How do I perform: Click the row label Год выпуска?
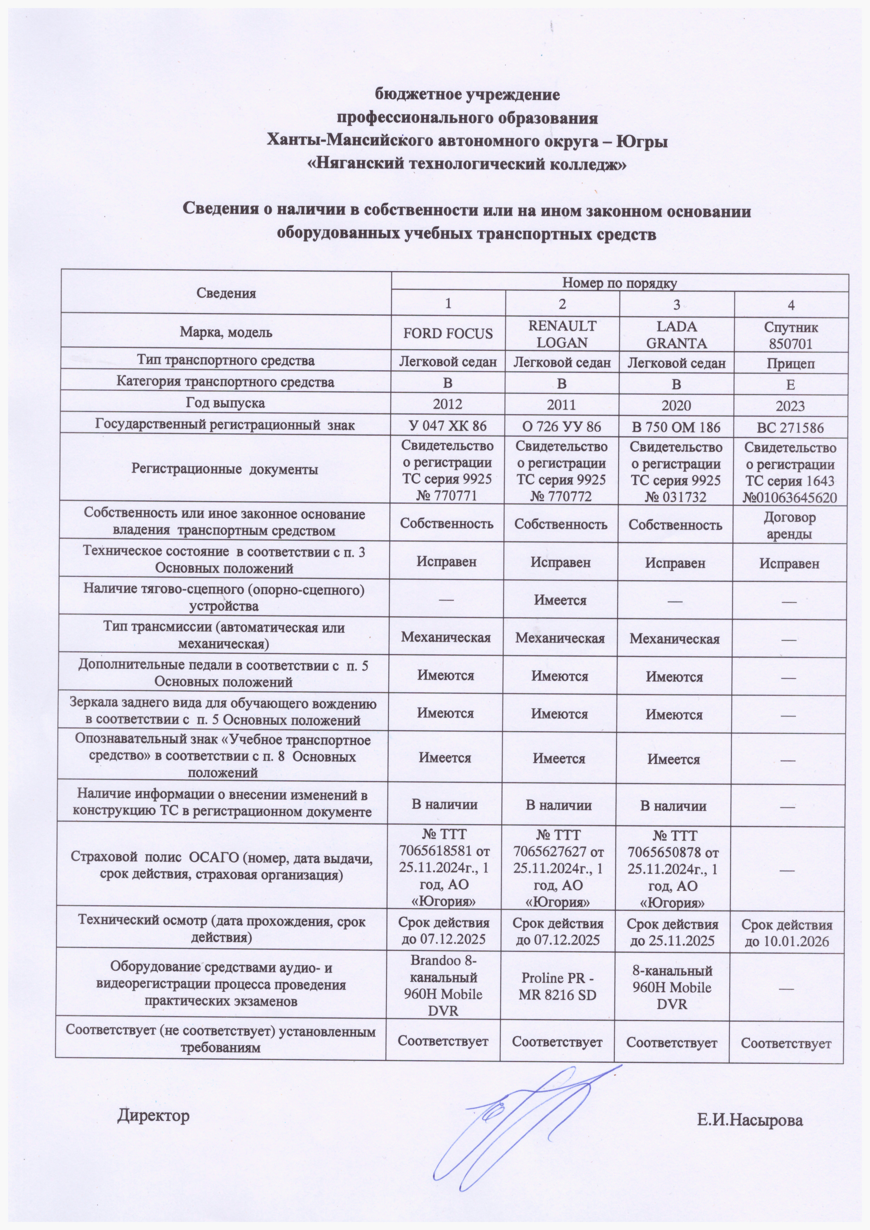(x=225, y=402)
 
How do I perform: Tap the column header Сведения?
(x=226, y=293)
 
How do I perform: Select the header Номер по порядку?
(x=620, y=283)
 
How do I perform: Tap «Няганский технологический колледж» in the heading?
(x=465, y=164)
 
